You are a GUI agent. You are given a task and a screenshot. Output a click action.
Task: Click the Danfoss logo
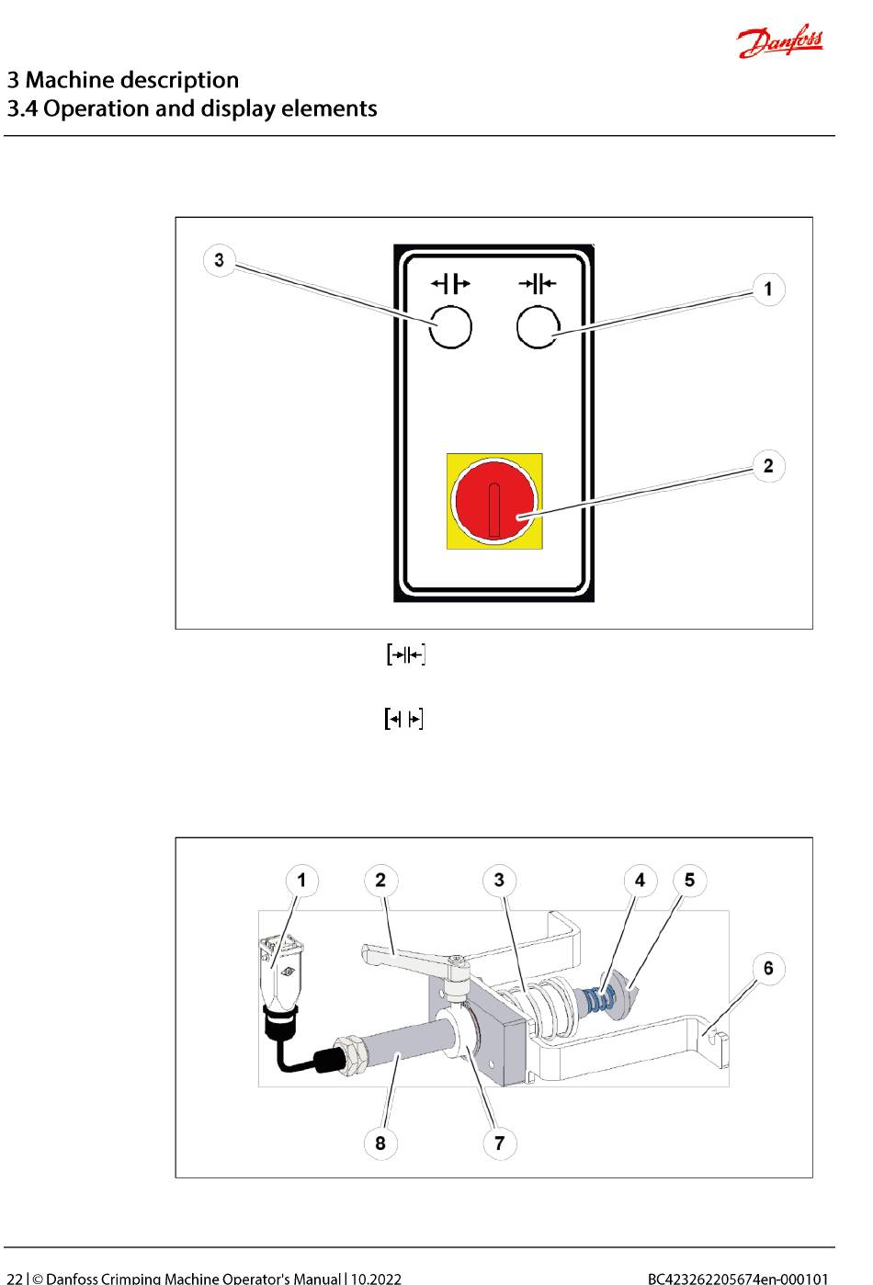pyautogui.click(x=780, y=41)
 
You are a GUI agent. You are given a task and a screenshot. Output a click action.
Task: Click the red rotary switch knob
pyautogui.click(x=494, y=502)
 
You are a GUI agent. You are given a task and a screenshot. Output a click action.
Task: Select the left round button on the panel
pyautogui.click(x=450, y=326)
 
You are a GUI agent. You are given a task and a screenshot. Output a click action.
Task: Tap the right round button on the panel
pyautogui.click(x=539, y=326)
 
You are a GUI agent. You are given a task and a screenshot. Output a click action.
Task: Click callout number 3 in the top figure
pyautogui.click(x=219, y=260)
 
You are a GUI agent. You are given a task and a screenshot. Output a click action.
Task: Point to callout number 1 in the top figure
pyautogui.click(x=768, y=290)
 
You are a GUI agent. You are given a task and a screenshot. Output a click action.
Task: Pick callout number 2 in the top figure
pyautogui.click(x=768, y=466)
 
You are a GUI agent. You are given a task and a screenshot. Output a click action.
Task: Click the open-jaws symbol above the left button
pyautogui.click(x=450, y=283)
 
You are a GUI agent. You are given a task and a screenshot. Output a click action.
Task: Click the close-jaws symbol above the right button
pyautogui.click(x=538, y=283)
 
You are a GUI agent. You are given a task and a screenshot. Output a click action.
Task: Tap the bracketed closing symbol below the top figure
pyautogui.click(x=405, y=655)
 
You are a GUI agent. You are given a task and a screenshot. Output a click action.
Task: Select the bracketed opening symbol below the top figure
pyautogui.click(x=403, y=719)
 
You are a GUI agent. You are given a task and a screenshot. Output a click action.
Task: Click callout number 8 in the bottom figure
pyautogui.click(x=380, y=1143)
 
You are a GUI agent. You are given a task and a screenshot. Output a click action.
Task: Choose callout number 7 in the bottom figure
pyautogui.click(x=499, y=1143)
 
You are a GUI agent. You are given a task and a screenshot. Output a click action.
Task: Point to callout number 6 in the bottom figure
pyautogui.click(x=768, y=968)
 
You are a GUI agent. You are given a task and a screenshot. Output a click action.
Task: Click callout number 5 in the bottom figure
pyautogui.click(x=689, y=881)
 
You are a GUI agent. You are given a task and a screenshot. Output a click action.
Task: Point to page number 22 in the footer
pyautogui.click(x=15, y=1277)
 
